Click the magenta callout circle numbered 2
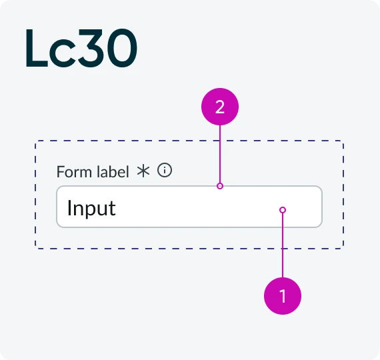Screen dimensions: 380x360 pyautogui.click(x=220, y=107)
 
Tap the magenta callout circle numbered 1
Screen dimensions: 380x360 pyautogui.click(x=283, y=296)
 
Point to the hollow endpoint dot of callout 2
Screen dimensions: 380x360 pyautogui.click(x=220, y=186)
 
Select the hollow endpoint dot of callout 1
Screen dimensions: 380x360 pyautogui.click(x=283, y=210)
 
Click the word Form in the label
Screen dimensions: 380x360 pyautogui.click(x=75, y=171)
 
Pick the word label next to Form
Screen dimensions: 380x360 pyautogui.click(x=113, y=171)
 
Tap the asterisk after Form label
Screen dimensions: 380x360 pyautogui.click(x=143, y=171)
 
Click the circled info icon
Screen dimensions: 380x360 pyautogui.click(x=165, y=170)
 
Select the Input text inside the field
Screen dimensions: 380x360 pyautogui.click(x=91, y=208)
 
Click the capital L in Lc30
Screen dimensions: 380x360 pyautogui.click(x=37, y=47)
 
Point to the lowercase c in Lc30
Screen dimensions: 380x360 pyautogui.click(x=62, y=53)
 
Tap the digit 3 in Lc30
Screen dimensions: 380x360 pyautogui.click(x=89, y=48)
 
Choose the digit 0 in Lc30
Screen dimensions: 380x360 pyautogui.click(x=120, y=48)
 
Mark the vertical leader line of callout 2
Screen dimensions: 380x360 pyautogui.click(x=220, y=154)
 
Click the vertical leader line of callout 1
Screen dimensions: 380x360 pyautogui.click(x=283, y=245)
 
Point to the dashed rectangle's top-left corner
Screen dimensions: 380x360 pyautogui.click(x=35, y=141)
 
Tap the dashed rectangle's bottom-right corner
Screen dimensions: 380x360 pyautogui.click(x=343, y=249)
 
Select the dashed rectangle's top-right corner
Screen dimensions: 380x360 pyautogui.click(x=343, y=141)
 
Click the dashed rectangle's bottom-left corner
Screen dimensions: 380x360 pyautogui.click(x=35, y=249)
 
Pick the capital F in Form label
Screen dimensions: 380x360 pyautogui.click(x=61, y=171)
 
